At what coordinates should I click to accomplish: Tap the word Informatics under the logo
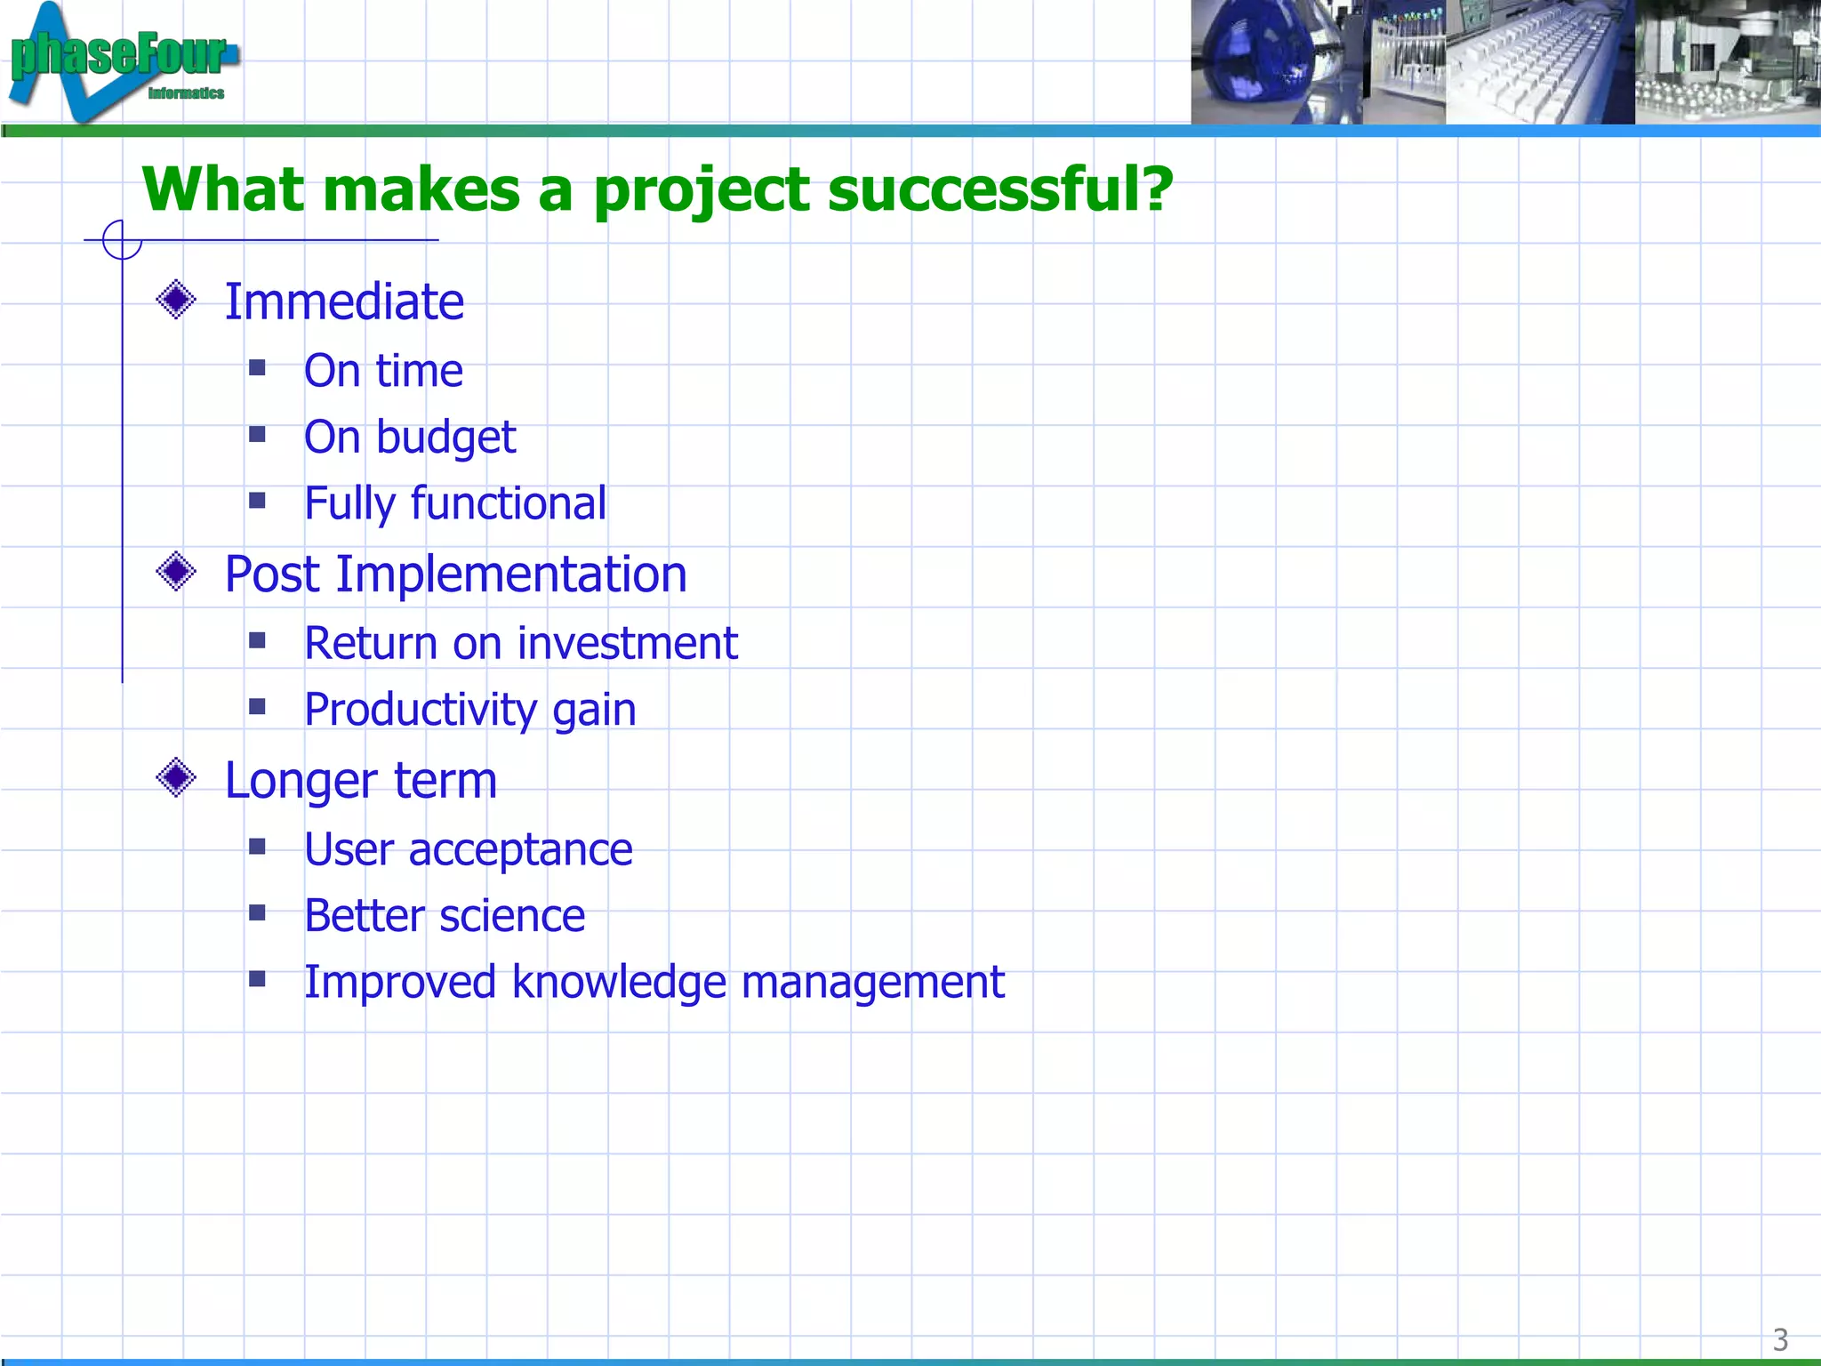coord(186,93)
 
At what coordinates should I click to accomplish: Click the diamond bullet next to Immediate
coord(176,300)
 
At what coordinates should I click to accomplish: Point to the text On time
coord(383,371)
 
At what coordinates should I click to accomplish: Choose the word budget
coord(445,438)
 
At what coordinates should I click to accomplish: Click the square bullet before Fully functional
coord(258,501)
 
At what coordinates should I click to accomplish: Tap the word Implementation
coord(511,575)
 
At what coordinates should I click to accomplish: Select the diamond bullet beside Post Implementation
coord(176,572)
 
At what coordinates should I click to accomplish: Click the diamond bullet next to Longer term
coord(176,778)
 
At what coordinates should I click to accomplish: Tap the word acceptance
coord(520,850)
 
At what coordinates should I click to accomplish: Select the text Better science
coord(445,916)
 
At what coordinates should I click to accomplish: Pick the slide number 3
coord(1780,1339)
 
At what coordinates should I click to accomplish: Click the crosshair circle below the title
coord(122,239)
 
